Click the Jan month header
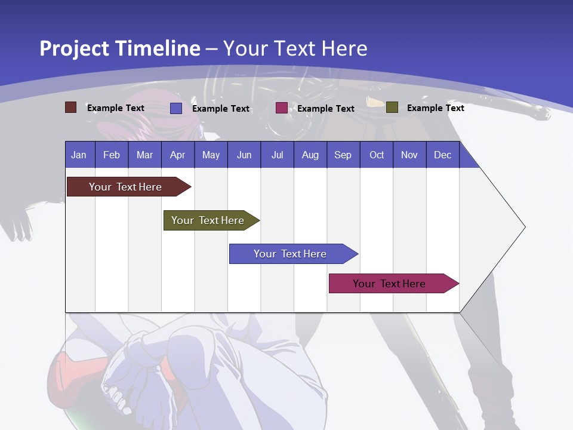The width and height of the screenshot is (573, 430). pos(79,155)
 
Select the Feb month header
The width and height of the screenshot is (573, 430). pos(112,155)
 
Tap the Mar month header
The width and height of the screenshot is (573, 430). pos(144,155)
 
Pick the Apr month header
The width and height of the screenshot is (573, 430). pos(177,155)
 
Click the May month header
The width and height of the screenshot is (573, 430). pos(211,155)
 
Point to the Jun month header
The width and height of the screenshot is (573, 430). pos(244,155)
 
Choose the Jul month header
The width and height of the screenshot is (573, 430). pos(277,155)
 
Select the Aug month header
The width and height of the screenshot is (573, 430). pos(310,155)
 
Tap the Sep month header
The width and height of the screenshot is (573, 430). pos(343,155)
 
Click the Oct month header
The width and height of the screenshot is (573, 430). pos(377,155)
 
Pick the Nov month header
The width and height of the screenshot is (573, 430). pos(409,155)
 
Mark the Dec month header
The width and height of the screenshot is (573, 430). pos(443,155)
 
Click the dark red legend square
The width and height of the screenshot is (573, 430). pos(70,107)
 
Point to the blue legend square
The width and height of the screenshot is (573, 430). pos(176,108)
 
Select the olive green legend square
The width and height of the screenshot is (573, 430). pos(392,107)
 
